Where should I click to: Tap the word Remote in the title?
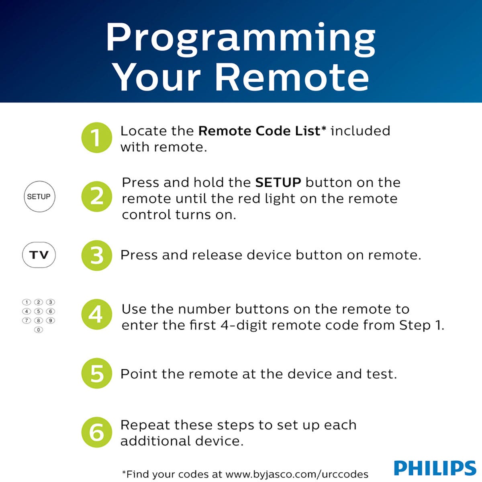tap(292, 77)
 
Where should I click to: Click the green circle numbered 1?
tap(96, 138)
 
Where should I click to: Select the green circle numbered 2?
tap(96, 197)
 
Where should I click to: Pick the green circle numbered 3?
tap(96, 255)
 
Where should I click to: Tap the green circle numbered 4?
tap(96, 315)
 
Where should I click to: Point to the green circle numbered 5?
tap(96, 374)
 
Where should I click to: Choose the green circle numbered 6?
tap(96, 433)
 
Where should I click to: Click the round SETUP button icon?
tap(39, 197)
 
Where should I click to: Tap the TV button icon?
tap(39, 255)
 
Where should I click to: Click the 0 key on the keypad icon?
tap(39, 330)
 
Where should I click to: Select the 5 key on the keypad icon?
tap(39, 311)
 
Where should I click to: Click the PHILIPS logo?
tap(435, 468)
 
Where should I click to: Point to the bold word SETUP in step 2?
tap(278, 183)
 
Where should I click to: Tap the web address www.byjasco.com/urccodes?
tap(296, 474)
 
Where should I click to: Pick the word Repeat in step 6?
tap(145, 425)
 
